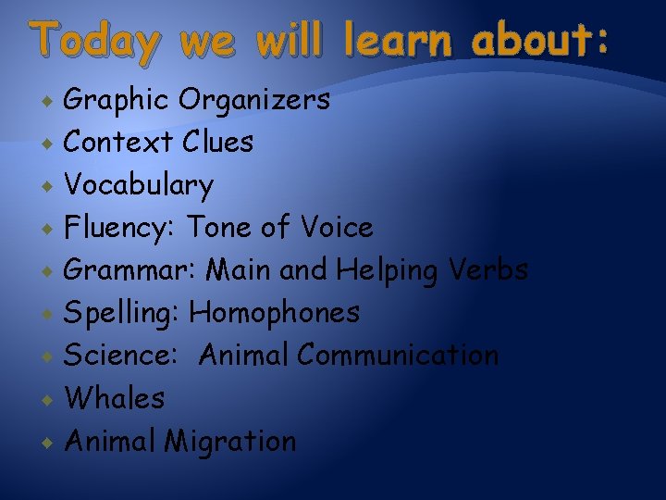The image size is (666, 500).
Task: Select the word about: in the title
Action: (x=540, y=42)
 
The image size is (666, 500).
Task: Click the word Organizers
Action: (x=254, y=100)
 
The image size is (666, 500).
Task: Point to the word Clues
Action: (x=218, y=143)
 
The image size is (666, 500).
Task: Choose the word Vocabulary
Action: (x=138, y=186)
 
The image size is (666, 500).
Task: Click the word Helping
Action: (x=388, y=270)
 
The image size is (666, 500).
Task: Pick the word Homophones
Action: (x=275, y=313)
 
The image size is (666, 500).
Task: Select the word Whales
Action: (x=115, y=398)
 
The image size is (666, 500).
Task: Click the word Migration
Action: (x=230, y=442)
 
